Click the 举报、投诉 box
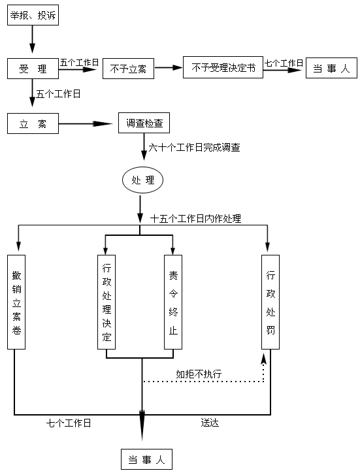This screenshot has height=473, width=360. coord(33,15)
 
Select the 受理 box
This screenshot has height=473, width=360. coord(33,69)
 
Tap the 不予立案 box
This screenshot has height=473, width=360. coord(128,69)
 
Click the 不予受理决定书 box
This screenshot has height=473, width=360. coord(223,67)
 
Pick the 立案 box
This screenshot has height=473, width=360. coord(33,123)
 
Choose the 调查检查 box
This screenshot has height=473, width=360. coord(144,123)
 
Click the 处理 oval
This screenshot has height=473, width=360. coord(142,180)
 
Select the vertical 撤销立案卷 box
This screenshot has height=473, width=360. coord(16,302)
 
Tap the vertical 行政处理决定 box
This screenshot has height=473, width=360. coord(106,302)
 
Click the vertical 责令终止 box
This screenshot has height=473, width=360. coord(173,302)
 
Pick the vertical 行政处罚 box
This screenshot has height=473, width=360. coord(270,302)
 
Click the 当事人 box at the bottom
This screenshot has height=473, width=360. coord(146,459)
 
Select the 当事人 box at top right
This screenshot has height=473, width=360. coord(331,68)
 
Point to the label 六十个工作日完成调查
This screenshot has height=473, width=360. coord(194,148)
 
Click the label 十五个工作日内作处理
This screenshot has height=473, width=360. coord(195,219)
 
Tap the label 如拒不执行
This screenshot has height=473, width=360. coord(199,374)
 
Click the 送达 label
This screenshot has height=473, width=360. coord(210,423)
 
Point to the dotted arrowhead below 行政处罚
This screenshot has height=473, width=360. coord(264,359)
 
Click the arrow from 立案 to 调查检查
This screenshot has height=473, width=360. coord(86,123)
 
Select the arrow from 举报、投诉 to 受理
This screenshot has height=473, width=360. coord(33,39)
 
